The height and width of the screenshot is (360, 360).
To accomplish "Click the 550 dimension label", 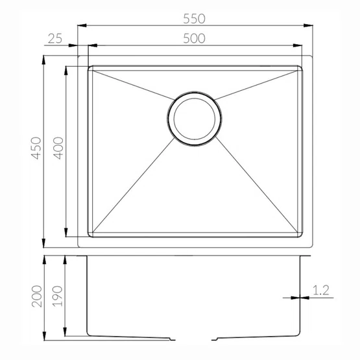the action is (x=194, y=19).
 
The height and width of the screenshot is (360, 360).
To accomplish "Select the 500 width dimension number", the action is (x=194, y=38).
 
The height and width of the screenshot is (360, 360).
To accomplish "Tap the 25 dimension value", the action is (x=55, y=38).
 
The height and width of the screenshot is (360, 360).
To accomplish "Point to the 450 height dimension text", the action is (x=36, y=148).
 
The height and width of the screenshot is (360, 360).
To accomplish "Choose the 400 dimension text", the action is (x=58, y=148).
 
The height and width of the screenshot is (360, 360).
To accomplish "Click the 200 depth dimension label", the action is (x=37, y=296).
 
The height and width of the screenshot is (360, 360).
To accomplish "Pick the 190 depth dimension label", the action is (x=57, y=296).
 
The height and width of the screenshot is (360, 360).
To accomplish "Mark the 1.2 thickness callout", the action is (x=321, y=291).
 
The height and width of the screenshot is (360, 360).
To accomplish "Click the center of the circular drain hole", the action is (x=195, y=119).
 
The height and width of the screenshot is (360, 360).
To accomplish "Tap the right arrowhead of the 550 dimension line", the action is (x=308, y=25).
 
